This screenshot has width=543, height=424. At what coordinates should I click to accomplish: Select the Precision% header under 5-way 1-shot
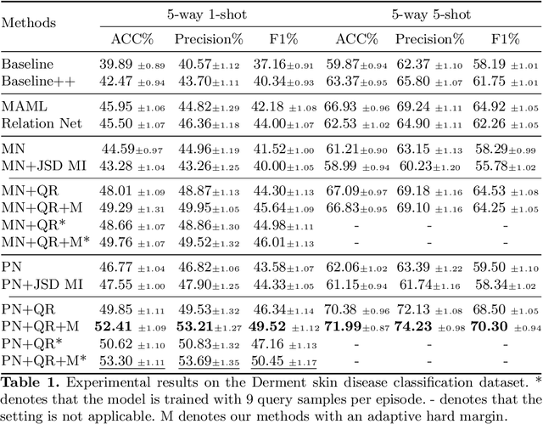tap(208, 39)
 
